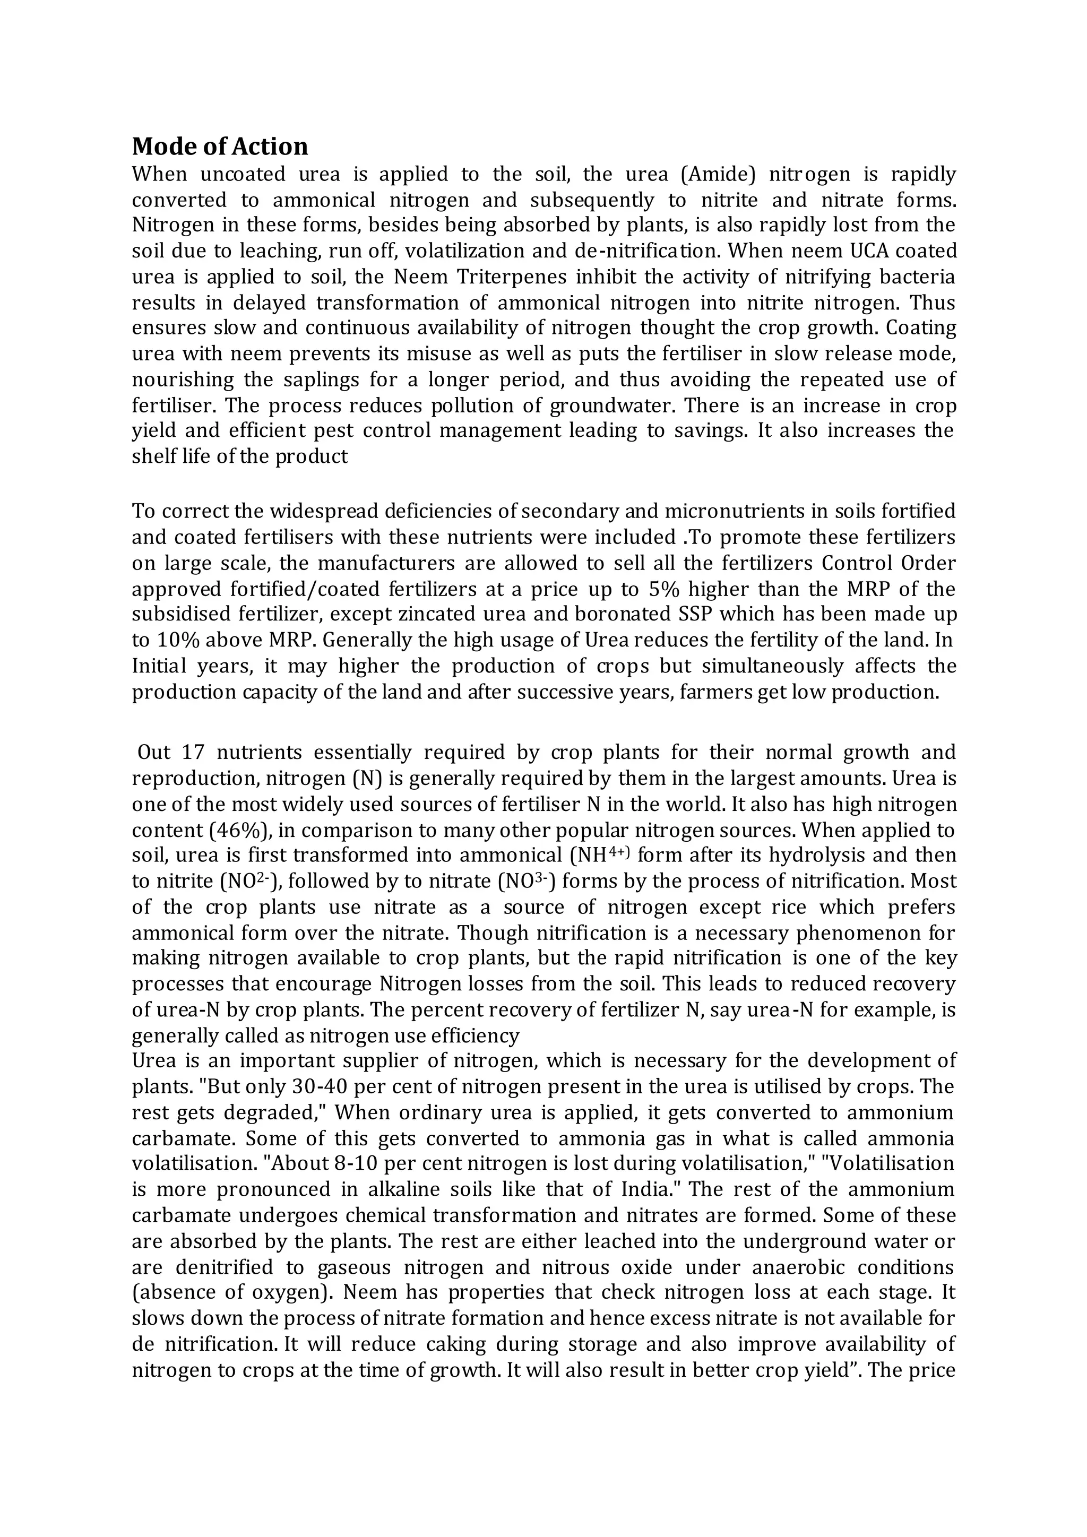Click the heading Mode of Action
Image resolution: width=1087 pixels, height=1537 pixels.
(220, 146)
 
